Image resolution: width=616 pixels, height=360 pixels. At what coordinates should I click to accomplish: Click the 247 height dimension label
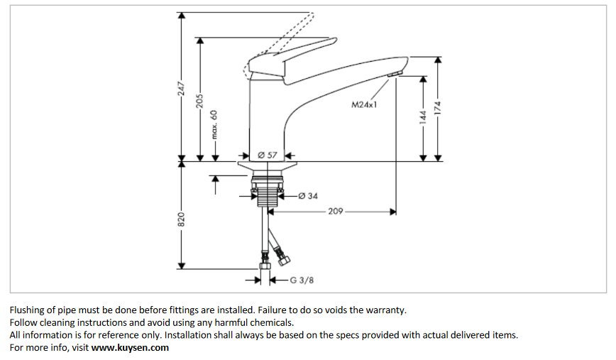182,88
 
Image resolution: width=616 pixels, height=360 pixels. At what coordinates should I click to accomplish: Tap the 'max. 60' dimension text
214,126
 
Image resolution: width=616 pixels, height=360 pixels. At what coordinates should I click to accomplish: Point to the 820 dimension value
182,219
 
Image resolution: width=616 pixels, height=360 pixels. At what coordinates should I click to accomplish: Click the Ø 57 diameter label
267,155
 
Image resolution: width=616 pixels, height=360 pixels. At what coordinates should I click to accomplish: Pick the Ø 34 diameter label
308,195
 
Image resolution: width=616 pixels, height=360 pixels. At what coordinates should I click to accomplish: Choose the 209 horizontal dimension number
336,212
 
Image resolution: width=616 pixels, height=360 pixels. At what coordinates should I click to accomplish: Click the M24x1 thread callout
364,104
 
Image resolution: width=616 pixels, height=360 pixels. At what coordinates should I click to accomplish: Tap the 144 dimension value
424,116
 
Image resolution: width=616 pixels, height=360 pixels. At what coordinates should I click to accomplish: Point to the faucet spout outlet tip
395,74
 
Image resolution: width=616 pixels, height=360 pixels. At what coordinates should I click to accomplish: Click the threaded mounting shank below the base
267,192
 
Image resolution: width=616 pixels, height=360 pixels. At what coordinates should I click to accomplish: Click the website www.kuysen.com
130,347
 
